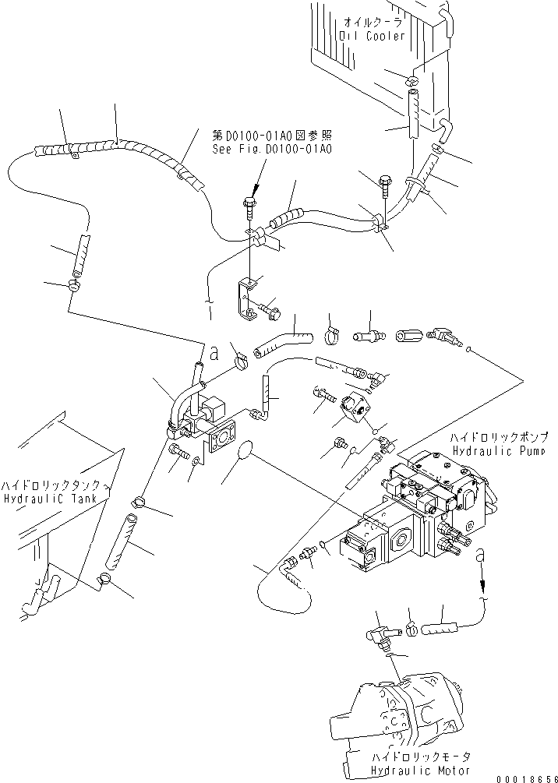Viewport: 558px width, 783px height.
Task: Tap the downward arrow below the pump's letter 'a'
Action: [x=482, y=577]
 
